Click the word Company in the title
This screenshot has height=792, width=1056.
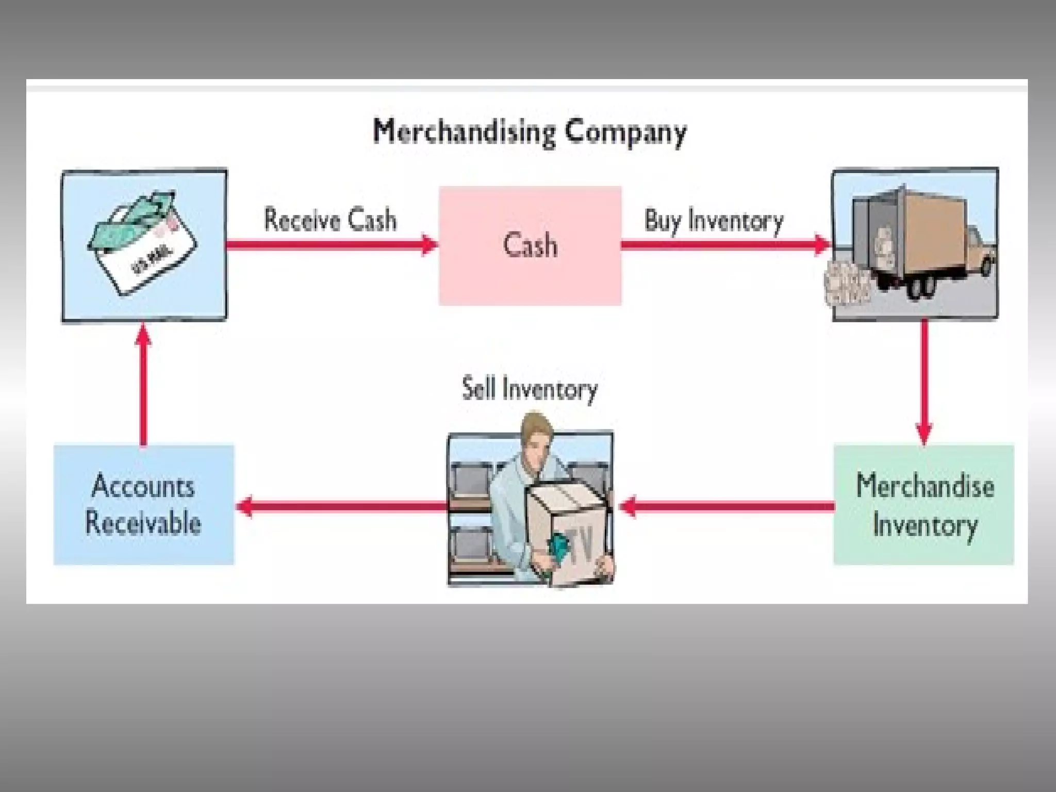tap(625, 133)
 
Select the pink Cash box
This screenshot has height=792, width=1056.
tap(530, 245)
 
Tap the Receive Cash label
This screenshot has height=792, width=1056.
tap(330, 220)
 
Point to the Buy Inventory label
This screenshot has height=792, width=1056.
tap(714, 221)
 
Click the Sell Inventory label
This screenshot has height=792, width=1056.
tap(530, 389)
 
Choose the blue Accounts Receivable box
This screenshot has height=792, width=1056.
tap(143, 504)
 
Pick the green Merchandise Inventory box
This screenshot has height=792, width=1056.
tap(923, 504)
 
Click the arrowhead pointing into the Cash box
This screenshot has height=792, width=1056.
tap(430, 244)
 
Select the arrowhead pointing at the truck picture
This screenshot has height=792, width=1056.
tap(822, 244)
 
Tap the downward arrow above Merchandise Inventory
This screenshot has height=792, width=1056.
tap(923, 382)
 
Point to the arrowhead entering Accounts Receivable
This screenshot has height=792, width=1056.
tap(244, 506)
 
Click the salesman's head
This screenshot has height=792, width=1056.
tap(536, 436)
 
